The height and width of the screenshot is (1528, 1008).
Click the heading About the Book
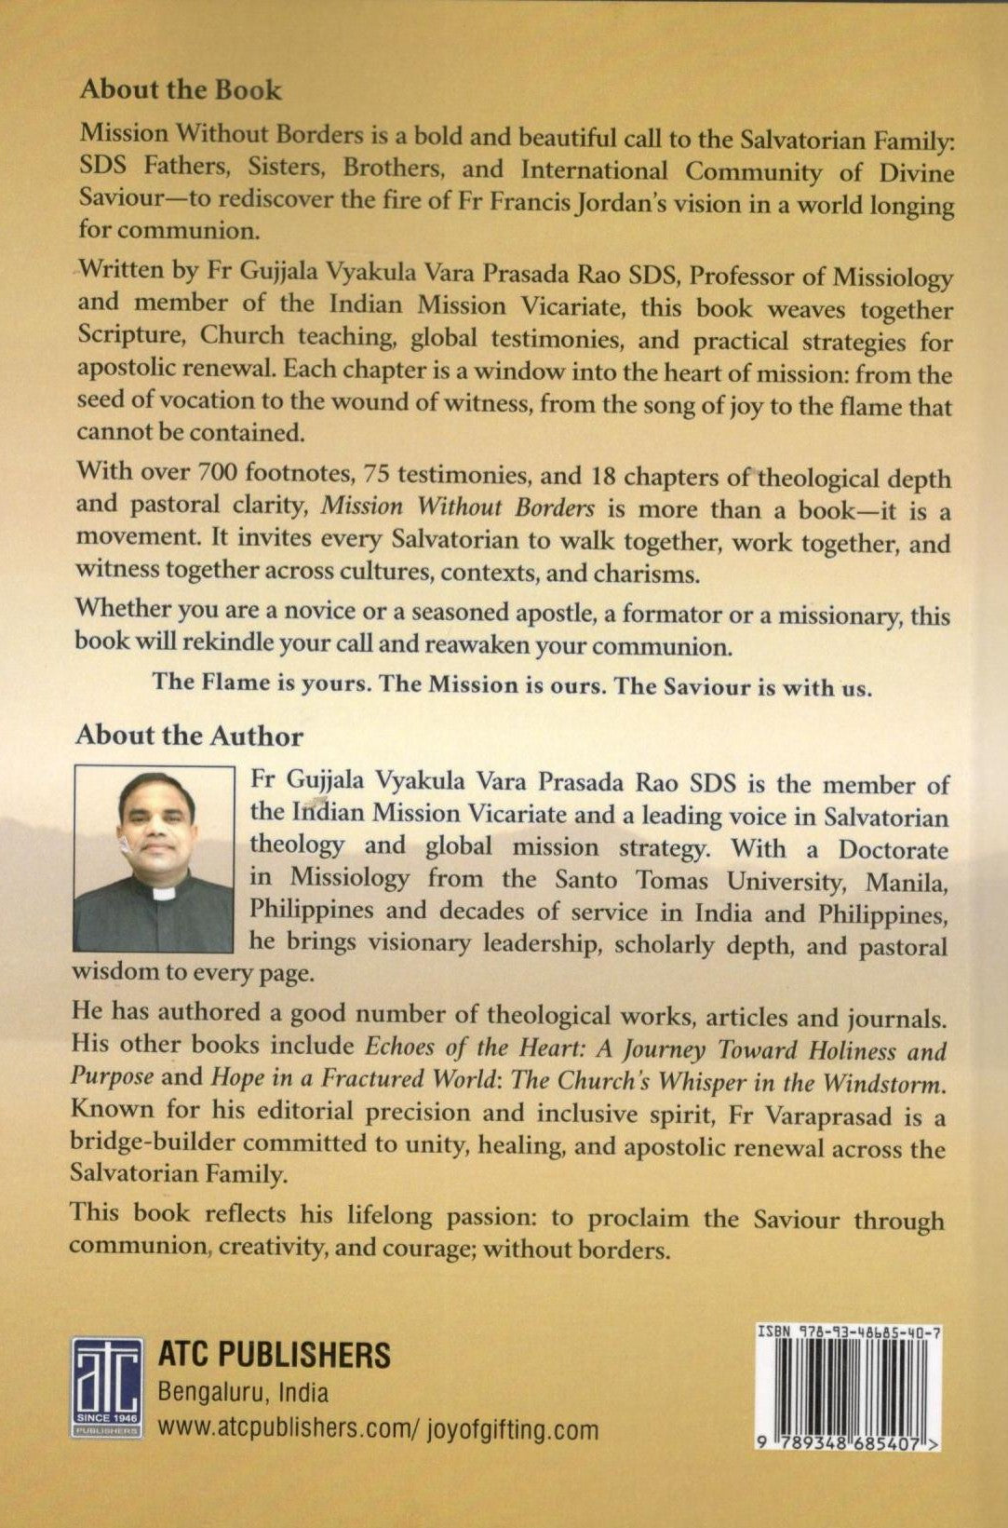coord(180,89)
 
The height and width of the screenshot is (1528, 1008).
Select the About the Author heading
coord(189,736)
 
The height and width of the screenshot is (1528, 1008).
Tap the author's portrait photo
coord(154,858)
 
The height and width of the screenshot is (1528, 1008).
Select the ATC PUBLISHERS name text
coord(275,1355)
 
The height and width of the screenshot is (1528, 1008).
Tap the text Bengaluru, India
coord(244,1393)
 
